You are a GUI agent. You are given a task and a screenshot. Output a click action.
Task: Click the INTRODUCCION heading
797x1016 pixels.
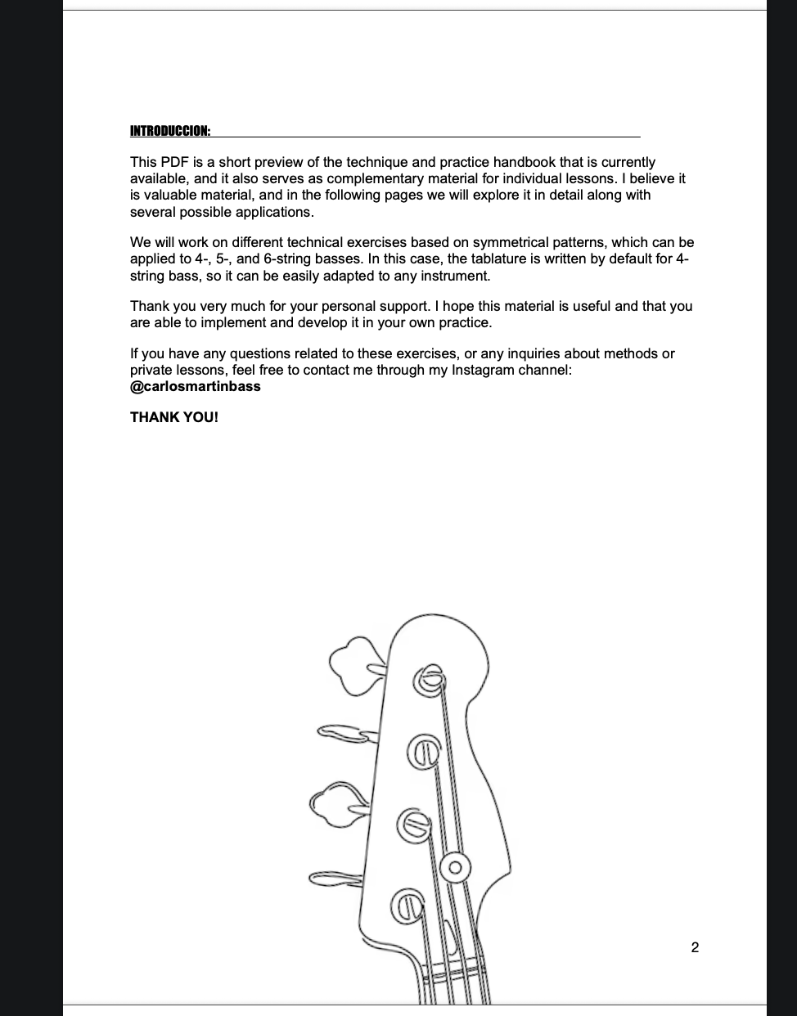(169, 131)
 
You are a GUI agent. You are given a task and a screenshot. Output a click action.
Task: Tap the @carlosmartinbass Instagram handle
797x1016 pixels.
(196, 386)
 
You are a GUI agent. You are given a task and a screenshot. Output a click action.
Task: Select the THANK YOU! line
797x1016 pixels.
(174, 417)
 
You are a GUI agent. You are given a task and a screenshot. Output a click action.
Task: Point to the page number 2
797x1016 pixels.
(695, 948)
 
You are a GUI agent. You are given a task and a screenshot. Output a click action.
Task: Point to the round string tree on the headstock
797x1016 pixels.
(455, 865)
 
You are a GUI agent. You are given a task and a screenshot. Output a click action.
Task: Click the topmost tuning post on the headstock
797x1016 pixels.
(430, 679)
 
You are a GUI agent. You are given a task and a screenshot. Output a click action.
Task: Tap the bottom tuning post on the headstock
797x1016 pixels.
(408, 904)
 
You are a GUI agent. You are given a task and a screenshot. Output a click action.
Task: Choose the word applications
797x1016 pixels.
(274, 212)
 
